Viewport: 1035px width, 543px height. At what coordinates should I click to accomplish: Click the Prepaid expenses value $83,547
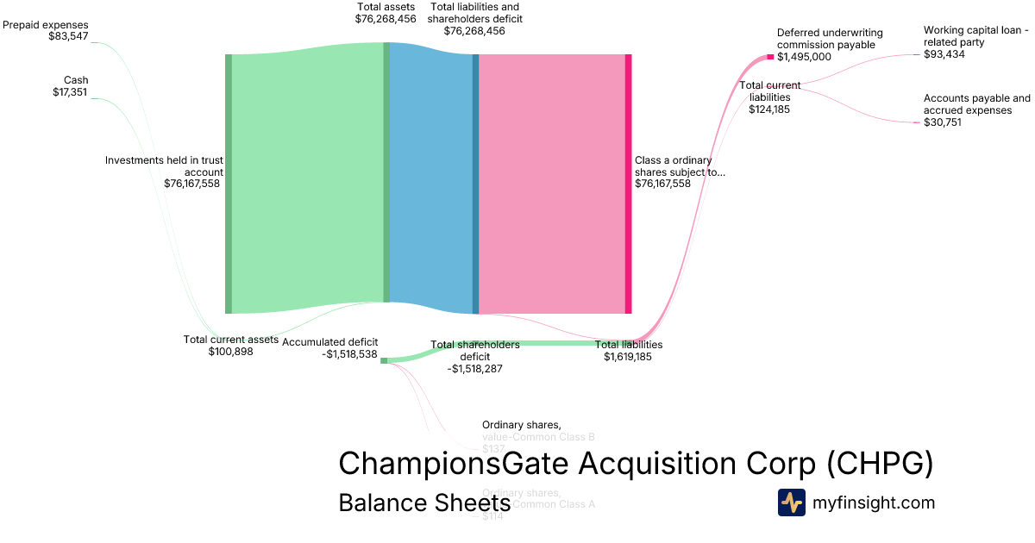click(x=69, y=38)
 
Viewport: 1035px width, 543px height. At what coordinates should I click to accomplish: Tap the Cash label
click(x=76, y=80)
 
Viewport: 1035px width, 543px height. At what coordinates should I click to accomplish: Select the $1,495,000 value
click(x=804, y=57)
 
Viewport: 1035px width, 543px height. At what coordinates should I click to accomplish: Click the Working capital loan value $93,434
click(x=944, y=53)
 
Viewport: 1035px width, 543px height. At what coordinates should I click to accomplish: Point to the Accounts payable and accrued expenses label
click(x=976, y=104)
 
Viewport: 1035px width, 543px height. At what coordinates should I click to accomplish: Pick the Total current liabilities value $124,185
click(x=769, y=109)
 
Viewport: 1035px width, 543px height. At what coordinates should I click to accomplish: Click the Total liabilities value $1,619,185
click(x=628, y=356)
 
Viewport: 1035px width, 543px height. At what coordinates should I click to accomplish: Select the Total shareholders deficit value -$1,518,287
click(x=474, y=368)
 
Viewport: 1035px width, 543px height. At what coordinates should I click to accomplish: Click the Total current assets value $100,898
click(x=230, y=352)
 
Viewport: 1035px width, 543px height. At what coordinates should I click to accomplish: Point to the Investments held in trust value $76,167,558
click(x=191, y=183)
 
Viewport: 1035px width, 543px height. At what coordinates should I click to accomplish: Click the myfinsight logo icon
click(x=791, y=502)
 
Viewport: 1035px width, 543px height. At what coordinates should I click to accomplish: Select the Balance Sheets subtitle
click(x=424, y=503)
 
